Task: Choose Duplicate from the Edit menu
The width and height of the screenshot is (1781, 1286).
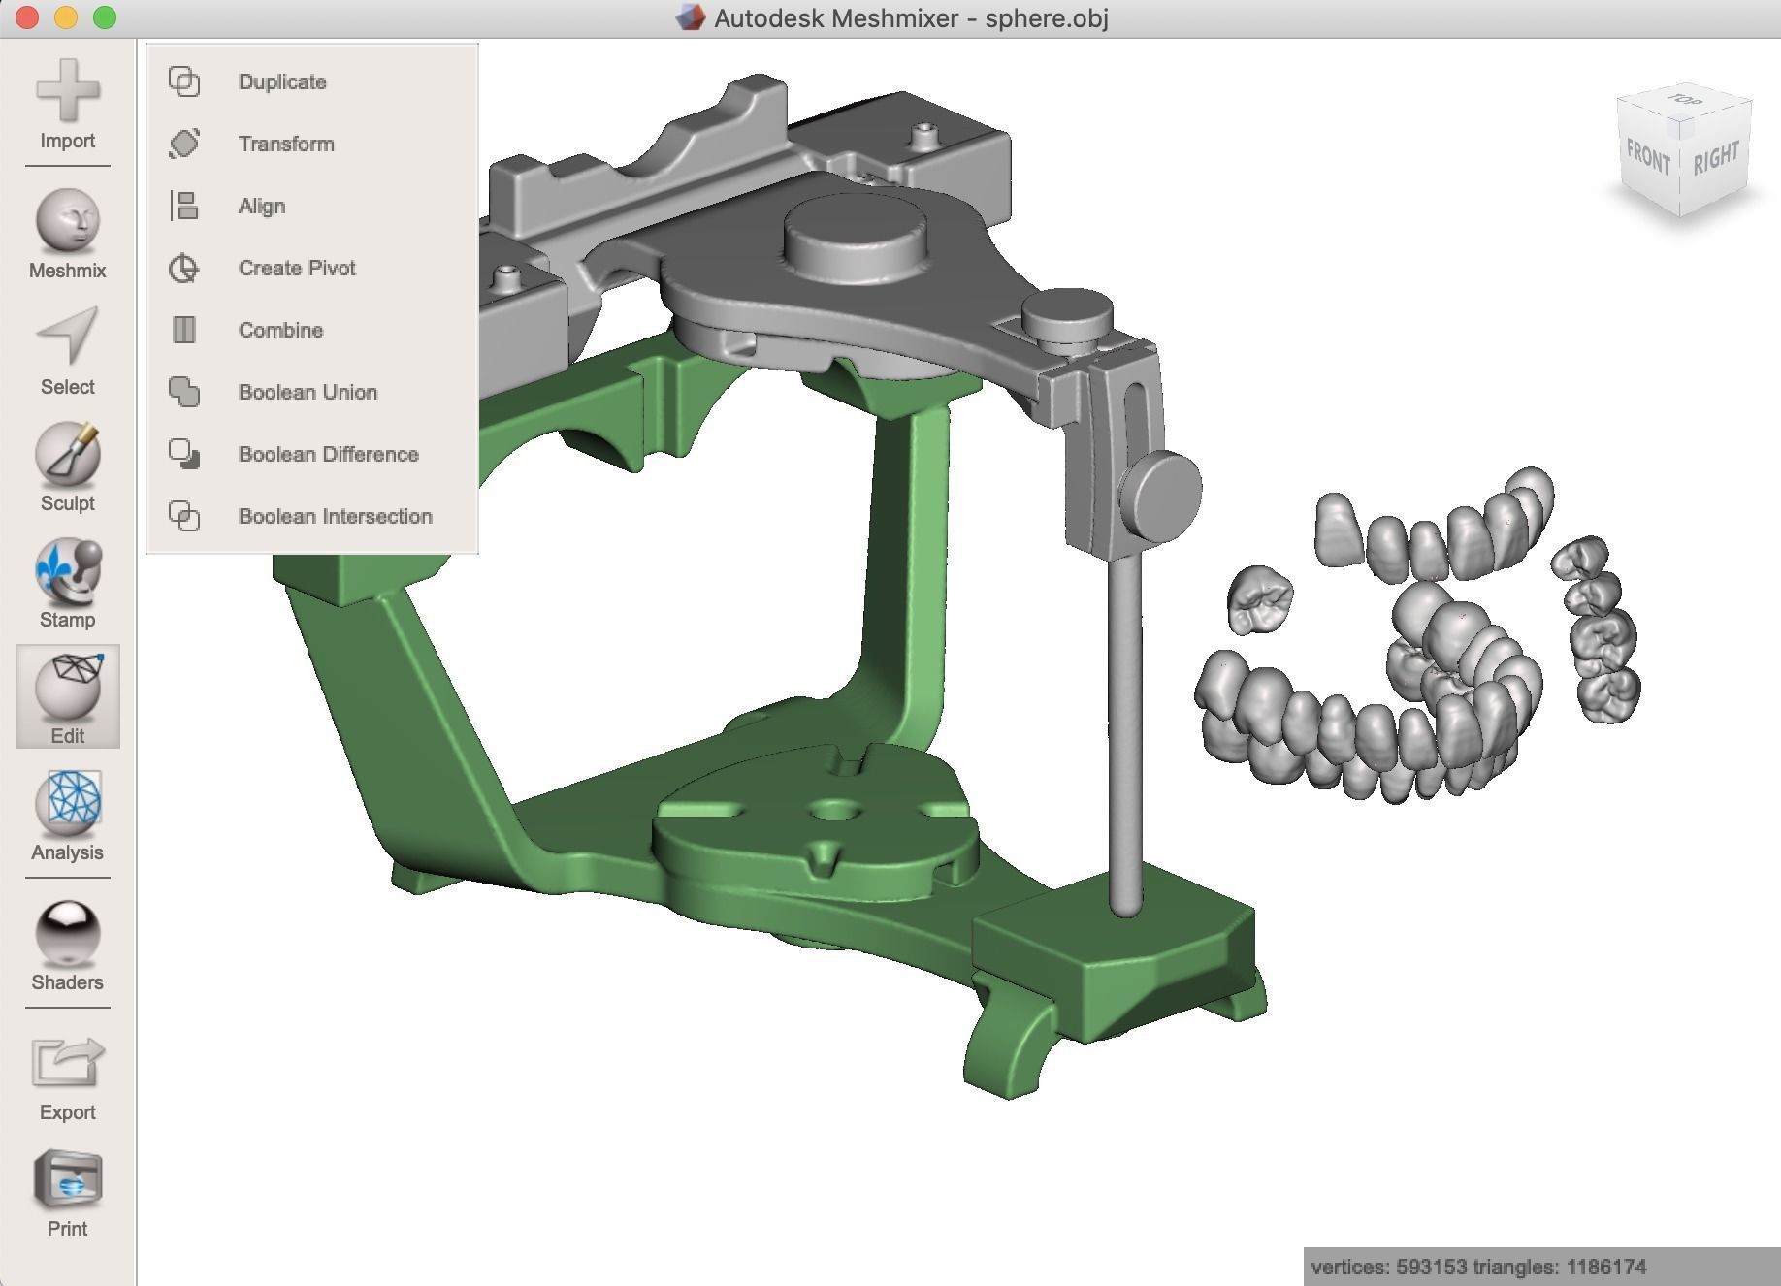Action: [281, 81]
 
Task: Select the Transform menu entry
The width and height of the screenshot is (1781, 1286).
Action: [285, 144]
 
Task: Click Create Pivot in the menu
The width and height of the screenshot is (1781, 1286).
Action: [296, 268]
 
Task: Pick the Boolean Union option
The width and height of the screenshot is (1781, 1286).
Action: [308, 392]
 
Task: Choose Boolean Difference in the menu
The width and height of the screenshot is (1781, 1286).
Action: [328, 454]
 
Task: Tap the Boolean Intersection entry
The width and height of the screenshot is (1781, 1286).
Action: [335, 516]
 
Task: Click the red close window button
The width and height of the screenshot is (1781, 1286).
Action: [27, 17]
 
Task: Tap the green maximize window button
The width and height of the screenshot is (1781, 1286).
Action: [105, 17]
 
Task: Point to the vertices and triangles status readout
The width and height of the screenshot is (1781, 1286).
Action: [1477, 1267]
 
